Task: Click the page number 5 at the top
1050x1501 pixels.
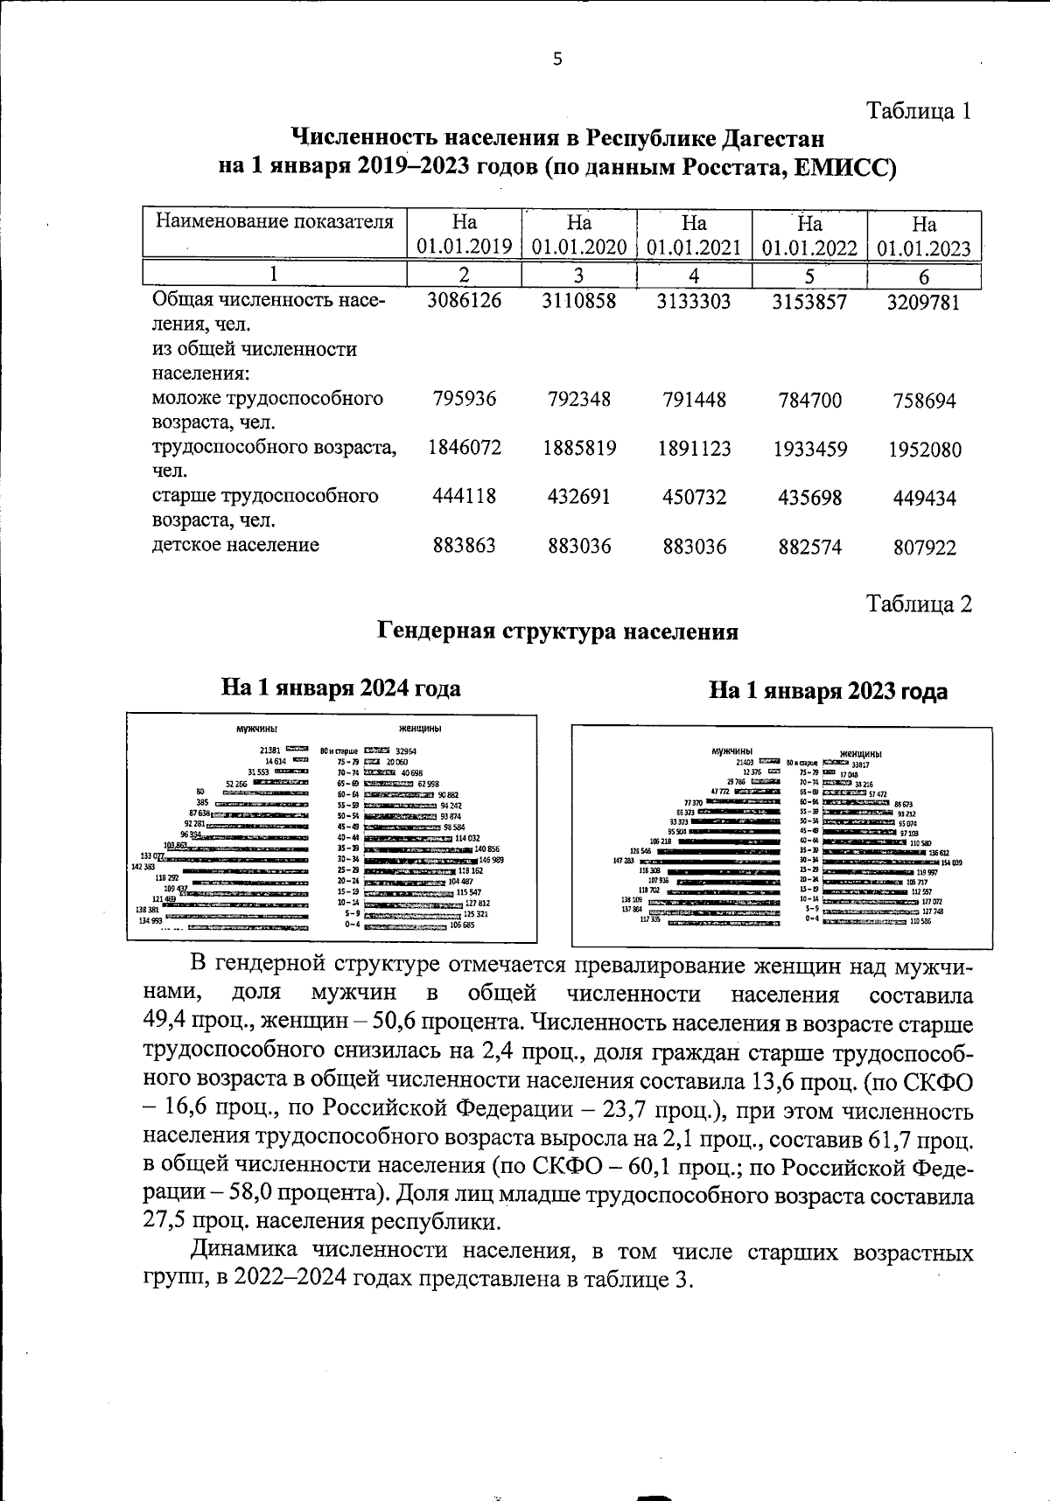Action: point(558,59)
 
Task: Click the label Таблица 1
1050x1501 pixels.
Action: point(918,111)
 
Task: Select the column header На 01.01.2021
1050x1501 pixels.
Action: point(694,235)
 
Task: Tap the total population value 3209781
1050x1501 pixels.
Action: point(925,303)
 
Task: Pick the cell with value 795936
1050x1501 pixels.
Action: point(464,399)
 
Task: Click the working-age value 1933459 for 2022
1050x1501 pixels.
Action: point(809,450)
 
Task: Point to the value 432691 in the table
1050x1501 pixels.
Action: point(578,497)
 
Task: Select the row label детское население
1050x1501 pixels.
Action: point(235,545)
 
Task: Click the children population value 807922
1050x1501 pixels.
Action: point(925,548)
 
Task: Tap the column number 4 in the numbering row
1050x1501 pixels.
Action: point(694,276)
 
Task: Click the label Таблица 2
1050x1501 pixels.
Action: point(918,604)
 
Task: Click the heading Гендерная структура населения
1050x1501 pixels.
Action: point(557,632)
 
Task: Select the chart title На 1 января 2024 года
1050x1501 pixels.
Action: point(340,688)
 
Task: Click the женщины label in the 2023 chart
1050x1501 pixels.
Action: point(860,754)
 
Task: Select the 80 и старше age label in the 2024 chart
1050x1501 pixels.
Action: point(339,750)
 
